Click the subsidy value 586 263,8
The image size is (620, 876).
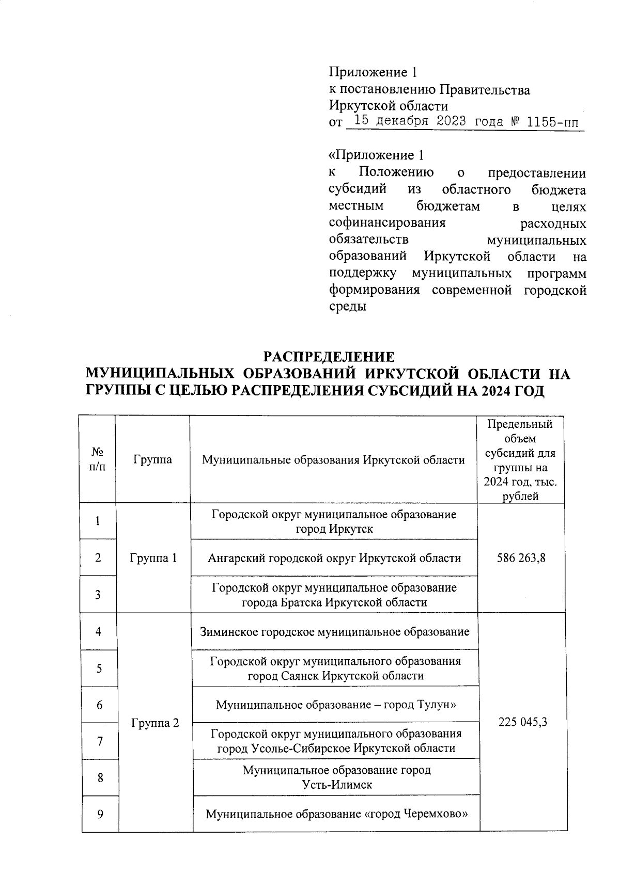520,558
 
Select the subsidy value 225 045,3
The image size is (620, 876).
522,722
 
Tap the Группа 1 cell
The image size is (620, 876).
153,558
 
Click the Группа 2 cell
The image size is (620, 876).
155,723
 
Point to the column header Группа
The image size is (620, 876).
152,459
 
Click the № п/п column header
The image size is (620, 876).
98,459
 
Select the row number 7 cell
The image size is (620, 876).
99,741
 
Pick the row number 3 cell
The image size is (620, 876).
98,595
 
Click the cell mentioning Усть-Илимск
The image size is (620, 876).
336,777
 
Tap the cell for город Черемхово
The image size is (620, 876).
336,815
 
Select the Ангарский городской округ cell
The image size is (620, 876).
334,558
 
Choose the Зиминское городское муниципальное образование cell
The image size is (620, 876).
335,631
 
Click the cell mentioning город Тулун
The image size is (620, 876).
335,705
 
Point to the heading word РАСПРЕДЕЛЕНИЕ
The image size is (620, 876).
329,357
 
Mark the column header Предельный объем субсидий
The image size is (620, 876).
520,459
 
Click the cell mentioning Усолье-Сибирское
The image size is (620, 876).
336,741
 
